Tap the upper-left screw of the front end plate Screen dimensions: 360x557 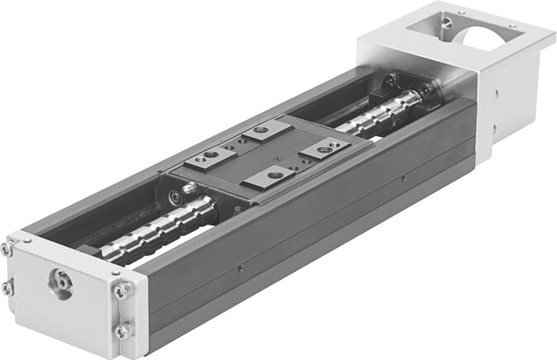pos(7,249)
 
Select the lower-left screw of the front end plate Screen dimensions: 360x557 pos(7,288)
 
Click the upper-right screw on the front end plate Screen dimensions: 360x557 pos(124,291)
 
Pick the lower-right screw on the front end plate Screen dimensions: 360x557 pos(122,330)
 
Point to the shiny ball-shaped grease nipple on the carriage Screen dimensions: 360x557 pos(189,188)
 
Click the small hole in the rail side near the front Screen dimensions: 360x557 pos(239,267)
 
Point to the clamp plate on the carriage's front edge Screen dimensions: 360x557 pos(270,175)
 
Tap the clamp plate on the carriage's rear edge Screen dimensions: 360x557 pos(264,130)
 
